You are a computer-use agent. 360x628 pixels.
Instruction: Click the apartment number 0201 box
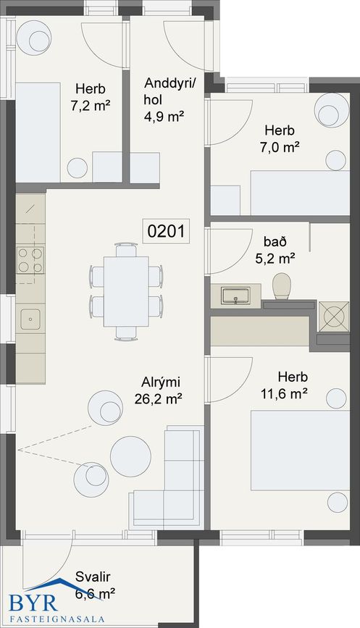click(x=166, y=231)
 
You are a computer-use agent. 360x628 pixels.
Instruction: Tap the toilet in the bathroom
click(x=282, y=286)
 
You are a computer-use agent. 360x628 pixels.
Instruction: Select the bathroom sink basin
click(x=236, y=296)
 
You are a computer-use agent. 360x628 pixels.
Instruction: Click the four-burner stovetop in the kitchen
click(x=30, y=260)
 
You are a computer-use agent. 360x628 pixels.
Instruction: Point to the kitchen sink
click(x=30, y=319)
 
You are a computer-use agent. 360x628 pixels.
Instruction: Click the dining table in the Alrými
click(x=126, y=291)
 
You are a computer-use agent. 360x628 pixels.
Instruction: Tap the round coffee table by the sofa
click(x=130, y=456)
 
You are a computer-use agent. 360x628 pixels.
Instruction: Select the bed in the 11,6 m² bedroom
click(x=301, y=450)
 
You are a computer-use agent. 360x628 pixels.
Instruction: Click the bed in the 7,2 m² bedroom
click(x=38, y=133)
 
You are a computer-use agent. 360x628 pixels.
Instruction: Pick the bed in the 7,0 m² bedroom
click(x=301, y=193)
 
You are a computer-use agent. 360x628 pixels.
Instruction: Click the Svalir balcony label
click(x=93, y=577)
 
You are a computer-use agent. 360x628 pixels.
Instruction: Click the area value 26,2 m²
click(x=159, y=399)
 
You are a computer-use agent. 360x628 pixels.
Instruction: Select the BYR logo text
click(x=33, y=603)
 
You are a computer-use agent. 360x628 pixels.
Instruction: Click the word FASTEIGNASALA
click(x=56, y=619)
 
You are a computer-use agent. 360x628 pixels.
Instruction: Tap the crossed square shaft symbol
click(x=334, y=317)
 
